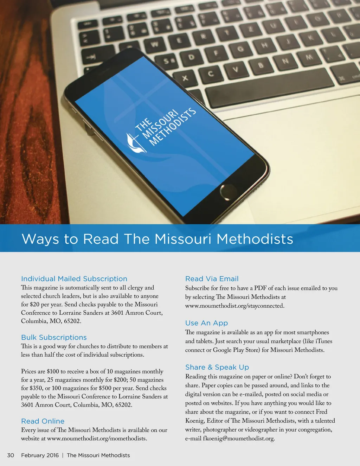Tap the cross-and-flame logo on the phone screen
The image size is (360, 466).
click(136, 143)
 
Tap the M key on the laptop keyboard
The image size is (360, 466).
click(309, 57)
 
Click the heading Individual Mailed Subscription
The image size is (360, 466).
click(74, 279)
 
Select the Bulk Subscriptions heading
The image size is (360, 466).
click(54, 337)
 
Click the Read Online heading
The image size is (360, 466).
click(43, 421)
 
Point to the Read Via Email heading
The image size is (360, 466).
click(212, 279)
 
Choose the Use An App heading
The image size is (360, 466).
click(207, 323)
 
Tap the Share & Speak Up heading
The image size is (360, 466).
click(217, 367)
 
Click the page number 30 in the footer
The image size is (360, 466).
click(11, 455)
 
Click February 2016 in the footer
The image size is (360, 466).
click(40, 455)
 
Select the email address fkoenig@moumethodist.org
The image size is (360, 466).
click(239, 439)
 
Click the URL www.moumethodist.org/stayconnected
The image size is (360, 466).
click(234, 306)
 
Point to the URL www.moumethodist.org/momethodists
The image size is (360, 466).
click(97, 439)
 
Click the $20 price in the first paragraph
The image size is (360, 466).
click(35, 305)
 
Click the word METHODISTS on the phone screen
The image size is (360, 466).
click(173, 127)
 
